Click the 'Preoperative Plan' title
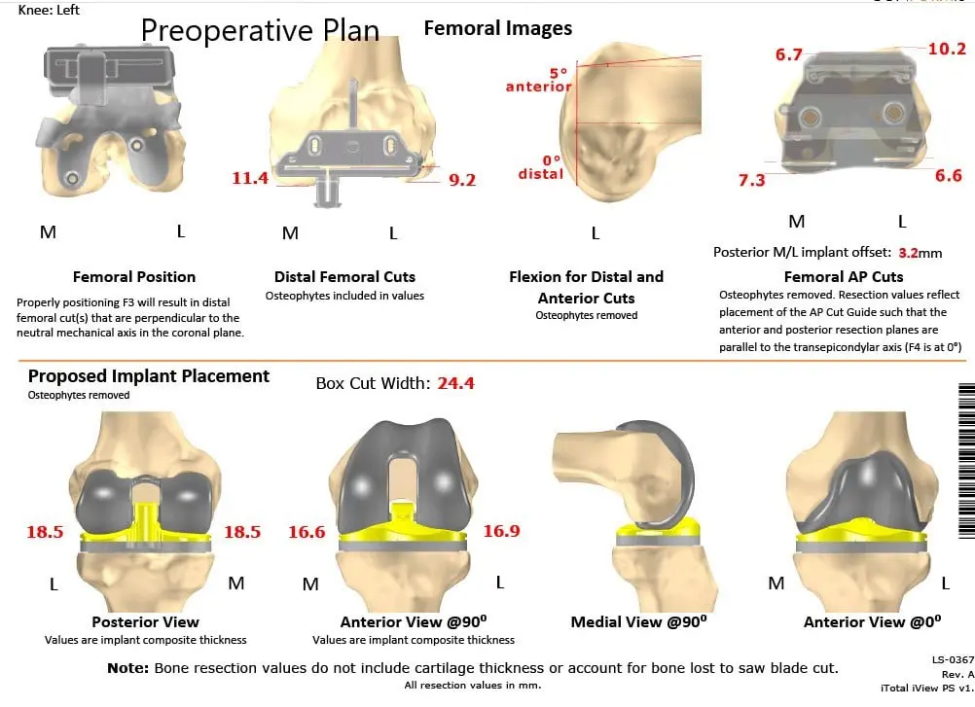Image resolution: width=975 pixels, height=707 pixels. (260, 30)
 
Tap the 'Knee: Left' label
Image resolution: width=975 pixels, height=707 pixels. (50, 10)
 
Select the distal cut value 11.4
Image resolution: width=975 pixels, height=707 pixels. (251, 178)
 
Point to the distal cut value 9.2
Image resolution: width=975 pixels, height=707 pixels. (461, 179)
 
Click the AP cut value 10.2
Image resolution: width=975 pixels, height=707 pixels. (946, 49)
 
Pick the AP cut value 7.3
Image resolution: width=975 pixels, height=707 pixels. (752, 180)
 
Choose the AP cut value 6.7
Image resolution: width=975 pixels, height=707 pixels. (788, 54)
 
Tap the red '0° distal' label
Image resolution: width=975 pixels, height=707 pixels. (540, 167)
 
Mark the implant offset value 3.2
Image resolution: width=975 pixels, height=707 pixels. (908, 253)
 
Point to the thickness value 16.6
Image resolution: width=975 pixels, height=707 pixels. (307, 531)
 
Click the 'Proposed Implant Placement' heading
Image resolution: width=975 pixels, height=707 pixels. (149, 376)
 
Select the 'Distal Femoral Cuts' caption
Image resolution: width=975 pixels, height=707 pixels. (345, 277)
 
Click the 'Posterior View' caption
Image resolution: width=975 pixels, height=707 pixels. (145, 622)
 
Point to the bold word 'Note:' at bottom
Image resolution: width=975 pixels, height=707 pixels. (127, 668)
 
